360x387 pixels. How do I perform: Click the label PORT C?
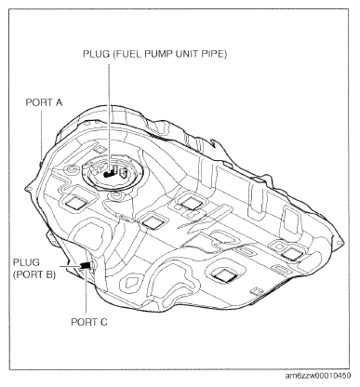[x=89, y=321]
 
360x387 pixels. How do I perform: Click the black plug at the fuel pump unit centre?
[x=110, y=171]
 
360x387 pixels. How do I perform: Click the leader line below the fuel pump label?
[x=111, y=112]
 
